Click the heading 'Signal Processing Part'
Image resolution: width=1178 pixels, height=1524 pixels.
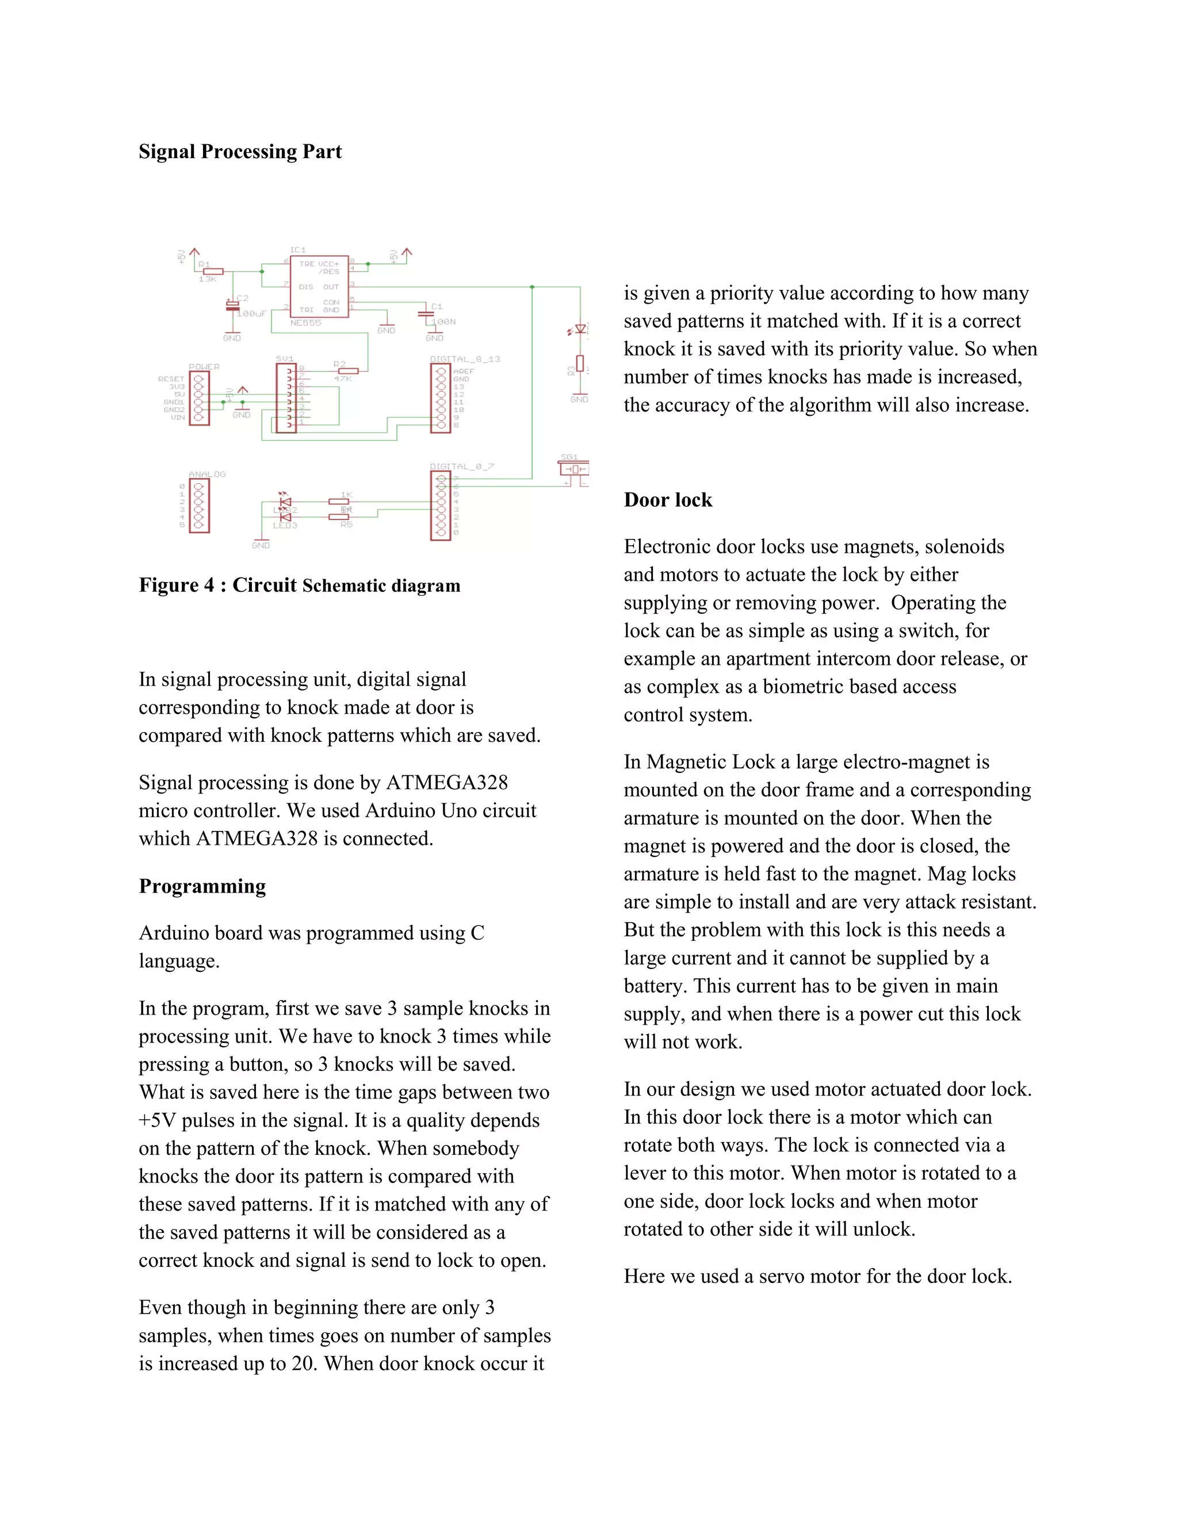click(240, 151)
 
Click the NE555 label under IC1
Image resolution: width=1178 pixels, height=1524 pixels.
click(305, 323)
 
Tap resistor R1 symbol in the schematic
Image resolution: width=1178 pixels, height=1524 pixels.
click(212, 271)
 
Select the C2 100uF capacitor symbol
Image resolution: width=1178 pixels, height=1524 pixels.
click(232, 305)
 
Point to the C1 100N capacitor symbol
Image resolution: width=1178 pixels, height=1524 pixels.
click(426, 313)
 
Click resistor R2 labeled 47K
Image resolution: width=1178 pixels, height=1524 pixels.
click(347, 370)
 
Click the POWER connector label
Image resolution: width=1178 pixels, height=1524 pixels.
click(204, 366)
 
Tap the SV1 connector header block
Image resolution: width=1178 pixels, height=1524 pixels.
click(286, 399)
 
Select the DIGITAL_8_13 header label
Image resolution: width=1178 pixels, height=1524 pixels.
click(465, 359)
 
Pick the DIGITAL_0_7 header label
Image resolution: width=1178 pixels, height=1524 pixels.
click(461, 466)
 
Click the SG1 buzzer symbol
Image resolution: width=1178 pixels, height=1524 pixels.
click(573, 470)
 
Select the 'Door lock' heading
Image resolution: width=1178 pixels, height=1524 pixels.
click(668, 500)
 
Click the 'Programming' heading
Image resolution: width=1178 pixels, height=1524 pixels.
click(202, 886)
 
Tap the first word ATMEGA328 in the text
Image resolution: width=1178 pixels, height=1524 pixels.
click(446, 782)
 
